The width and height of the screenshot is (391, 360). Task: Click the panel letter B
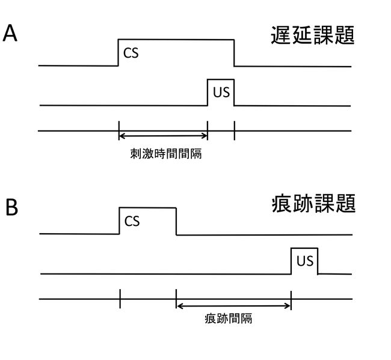pos(11,207)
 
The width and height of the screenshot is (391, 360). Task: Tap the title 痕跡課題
pos(313,204)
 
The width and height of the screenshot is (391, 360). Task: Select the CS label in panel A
pos(131,53)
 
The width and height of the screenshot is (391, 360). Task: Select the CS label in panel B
pos(132,221)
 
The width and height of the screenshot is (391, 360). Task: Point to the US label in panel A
pos(221,93)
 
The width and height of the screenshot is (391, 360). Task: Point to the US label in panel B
pos(305,261)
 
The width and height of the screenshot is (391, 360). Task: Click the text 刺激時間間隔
pos(166,154)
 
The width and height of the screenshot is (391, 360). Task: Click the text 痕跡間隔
pos(228,319)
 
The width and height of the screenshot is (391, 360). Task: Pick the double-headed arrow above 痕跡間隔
pos(233,306)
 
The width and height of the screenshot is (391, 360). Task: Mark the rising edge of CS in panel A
pos(119,52)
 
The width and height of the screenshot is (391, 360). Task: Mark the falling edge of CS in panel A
pos(234,52)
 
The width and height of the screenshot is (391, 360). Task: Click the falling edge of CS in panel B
pos(176,221)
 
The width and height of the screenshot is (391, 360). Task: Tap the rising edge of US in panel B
pos(291,261)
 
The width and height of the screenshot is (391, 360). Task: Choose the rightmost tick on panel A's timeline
pos(234,130)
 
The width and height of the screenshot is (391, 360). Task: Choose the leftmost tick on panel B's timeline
pos(120,299)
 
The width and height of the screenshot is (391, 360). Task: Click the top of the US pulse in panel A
pos(221,79)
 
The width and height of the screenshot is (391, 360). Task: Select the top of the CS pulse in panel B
pos(148,207)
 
